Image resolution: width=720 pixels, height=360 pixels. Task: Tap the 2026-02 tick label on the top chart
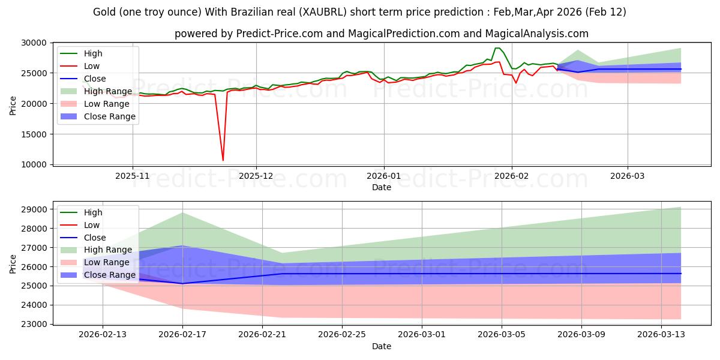click(x=511, y=176)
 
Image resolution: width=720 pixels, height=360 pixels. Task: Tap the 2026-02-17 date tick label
click(x=182, y=335)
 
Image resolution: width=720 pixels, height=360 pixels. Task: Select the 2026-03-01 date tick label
click(x=422, y=335)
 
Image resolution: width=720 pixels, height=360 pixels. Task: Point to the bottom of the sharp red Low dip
click(x=223, y=160)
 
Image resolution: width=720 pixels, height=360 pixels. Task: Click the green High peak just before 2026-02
click(x=497, y=48)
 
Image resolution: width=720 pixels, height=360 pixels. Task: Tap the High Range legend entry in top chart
click(x=108, y=91)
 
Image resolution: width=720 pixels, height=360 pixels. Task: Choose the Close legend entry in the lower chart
click(x=95, y=238)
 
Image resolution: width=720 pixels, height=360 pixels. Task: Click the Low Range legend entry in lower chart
click(x=106, y=263)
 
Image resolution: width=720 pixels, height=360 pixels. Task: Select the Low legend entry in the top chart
click(x=92, y=66)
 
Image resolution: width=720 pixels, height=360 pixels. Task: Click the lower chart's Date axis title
click(x=382, y=346)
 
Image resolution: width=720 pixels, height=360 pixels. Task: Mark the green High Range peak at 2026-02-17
click(x=182, y=212)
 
